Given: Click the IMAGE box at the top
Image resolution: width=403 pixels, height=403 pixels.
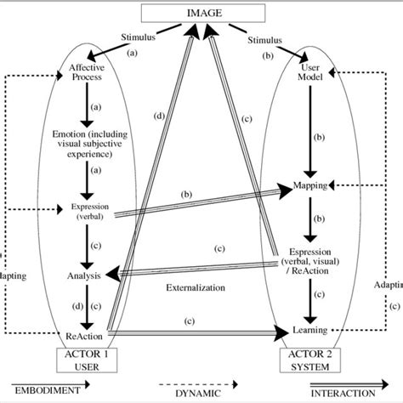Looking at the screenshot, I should pyautogui.click(x=202, y=14).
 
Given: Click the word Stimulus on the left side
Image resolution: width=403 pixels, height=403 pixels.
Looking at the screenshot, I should pyautogui.click(x=141, y=38).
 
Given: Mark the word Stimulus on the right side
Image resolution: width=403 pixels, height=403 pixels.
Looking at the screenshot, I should pyautogui.click(x=267, y=39).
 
